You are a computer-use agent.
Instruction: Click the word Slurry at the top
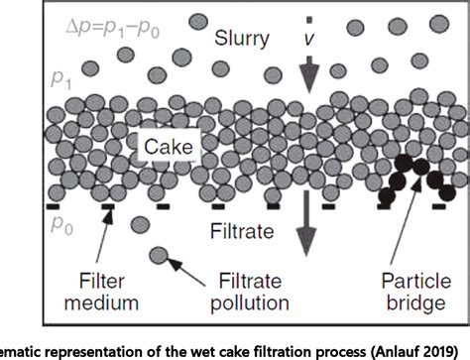coord(244,39)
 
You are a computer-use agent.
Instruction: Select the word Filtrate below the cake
coord(243,236)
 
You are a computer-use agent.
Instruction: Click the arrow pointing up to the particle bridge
coord(411,226)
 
